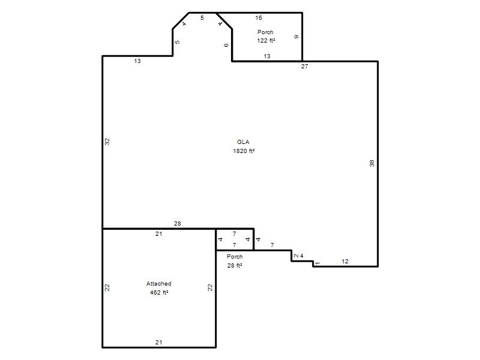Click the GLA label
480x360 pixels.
[x=243, y=142]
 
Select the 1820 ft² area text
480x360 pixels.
[x=244, y=151]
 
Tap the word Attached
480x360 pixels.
[x=158, y=283]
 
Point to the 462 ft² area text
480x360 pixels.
[x=159, y=293]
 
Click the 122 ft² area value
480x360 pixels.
[x=266, y=40]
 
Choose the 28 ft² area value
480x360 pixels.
[x=235, y=265]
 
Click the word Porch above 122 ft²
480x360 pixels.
[x=265, y=32]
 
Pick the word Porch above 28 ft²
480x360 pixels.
[x=235, y=257]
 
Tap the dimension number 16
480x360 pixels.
[x=259, y=18]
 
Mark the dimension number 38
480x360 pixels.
[x=372, y=163]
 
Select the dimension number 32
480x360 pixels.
[x=107, y=142]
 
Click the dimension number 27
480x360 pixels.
[x=304, y=67]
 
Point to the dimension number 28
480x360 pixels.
[x=177, y=223]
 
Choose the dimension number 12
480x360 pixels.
[x=344, y=261]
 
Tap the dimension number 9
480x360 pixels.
[x=296, y=37]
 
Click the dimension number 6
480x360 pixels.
[x=226, y=46]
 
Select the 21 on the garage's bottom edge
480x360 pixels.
[x=158, y=342]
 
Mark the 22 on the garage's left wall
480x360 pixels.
[x=107, y=287]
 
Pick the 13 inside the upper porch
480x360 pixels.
[x=267, y=56]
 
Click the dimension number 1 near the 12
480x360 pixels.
[x=317, y=263]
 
